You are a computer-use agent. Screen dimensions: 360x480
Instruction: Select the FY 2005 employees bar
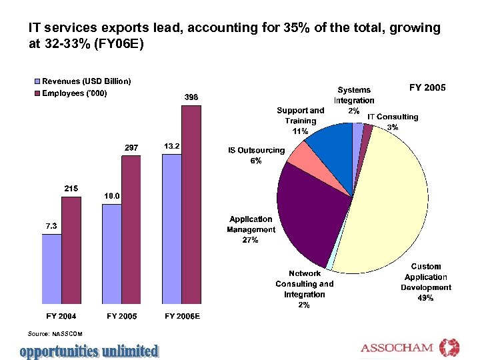pos(131,230)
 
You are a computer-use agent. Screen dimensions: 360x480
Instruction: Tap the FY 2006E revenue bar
pos(172,229)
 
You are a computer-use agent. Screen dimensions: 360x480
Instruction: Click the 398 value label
pos(191,97)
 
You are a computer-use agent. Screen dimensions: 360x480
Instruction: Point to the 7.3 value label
pos(51,227)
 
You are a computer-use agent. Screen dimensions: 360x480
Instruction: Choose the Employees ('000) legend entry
pos(75,93)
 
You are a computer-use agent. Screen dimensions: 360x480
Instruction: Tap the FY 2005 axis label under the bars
pos(122,316)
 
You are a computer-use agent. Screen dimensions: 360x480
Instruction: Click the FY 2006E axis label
pos(182,316)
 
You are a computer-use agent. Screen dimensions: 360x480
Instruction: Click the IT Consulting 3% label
pos(393,121)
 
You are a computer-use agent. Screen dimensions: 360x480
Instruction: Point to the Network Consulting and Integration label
pos(305,289)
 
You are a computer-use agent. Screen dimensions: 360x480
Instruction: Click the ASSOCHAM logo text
pos(397,348)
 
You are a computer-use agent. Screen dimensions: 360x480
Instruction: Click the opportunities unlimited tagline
pos(89,350)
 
